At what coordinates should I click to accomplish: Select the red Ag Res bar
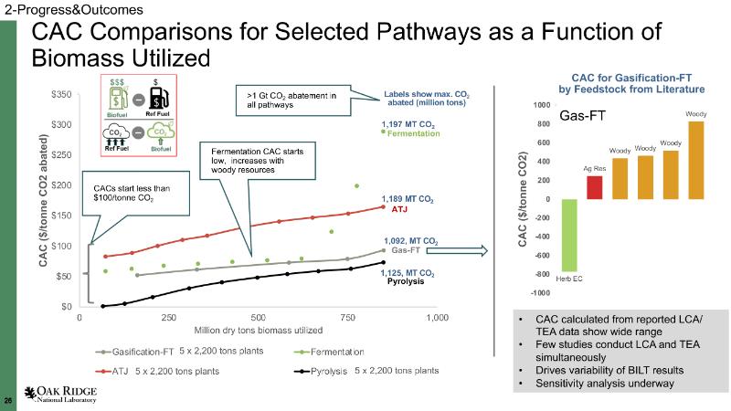[594, 187]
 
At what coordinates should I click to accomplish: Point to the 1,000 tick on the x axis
[438, 317]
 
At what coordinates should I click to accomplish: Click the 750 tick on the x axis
[347, 317]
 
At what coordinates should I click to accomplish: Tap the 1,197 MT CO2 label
[408, 124]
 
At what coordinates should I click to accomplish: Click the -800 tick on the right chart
[543, 274]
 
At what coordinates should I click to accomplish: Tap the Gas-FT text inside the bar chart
[584, 116]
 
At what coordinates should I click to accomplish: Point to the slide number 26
[8, 401]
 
